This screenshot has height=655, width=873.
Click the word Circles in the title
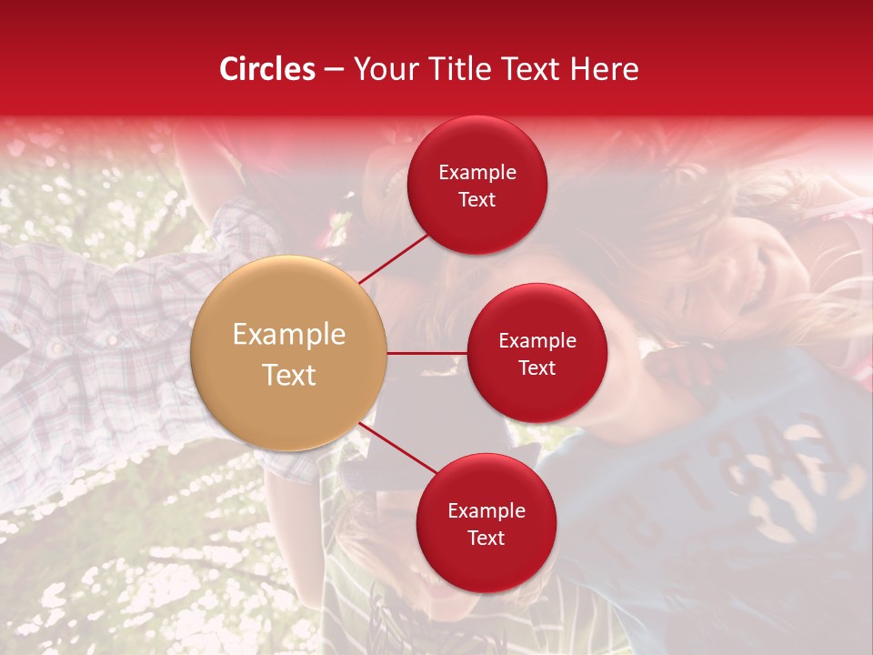(x=266, y=69)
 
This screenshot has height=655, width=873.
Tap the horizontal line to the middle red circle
(x=427, y=353)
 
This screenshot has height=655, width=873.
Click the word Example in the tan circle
(x=289, y=335)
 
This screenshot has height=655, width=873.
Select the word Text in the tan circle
(x=289, y=375)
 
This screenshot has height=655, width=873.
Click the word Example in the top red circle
(x=477, y=173)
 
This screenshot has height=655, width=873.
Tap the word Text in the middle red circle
(x=537, y=368)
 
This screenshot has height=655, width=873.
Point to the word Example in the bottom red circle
(x=487, y=511)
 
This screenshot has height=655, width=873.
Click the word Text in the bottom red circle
(x=487, y=539)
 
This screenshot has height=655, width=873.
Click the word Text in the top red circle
(x=477, y=200)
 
